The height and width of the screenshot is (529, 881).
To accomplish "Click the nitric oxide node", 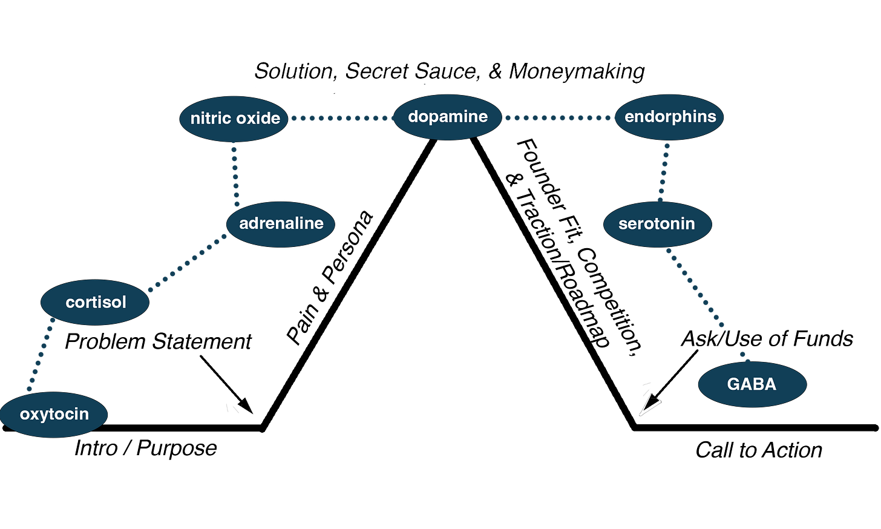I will [x=234, y=119].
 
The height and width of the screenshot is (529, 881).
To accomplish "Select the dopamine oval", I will [x=448, y=117].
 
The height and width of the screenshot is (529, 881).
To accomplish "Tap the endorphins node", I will [x=670, y=117].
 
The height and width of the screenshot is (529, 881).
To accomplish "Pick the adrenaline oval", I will [x=281, y=224].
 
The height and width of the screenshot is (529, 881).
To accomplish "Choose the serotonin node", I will [x=657, y=224].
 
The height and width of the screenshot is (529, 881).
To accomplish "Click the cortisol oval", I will [x=95, y=302].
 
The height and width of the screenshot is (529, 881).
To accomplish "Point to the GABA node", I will [x=752, y=384].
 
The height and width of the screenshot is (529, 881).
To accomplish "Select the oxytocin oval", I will [x=54, y=415].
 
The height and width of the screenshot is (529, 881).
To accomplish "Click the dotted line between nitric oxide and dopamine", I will [x=341, y=118].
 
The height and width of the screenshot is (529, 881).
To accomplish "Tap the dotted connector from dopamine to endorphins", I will [x=558, y=118].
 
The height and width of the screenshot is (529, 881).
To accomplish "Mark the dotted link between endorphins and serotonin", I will [x=664, y=172].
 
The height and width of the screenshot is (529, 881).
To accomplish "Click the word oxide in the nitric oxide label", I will [x=258, y=119].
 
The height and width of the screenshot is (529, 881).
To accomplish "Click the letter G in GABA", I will [x=733, y=384].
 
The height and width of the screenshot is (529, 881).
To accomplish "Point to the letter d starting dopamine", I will [x=413, y=116].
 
